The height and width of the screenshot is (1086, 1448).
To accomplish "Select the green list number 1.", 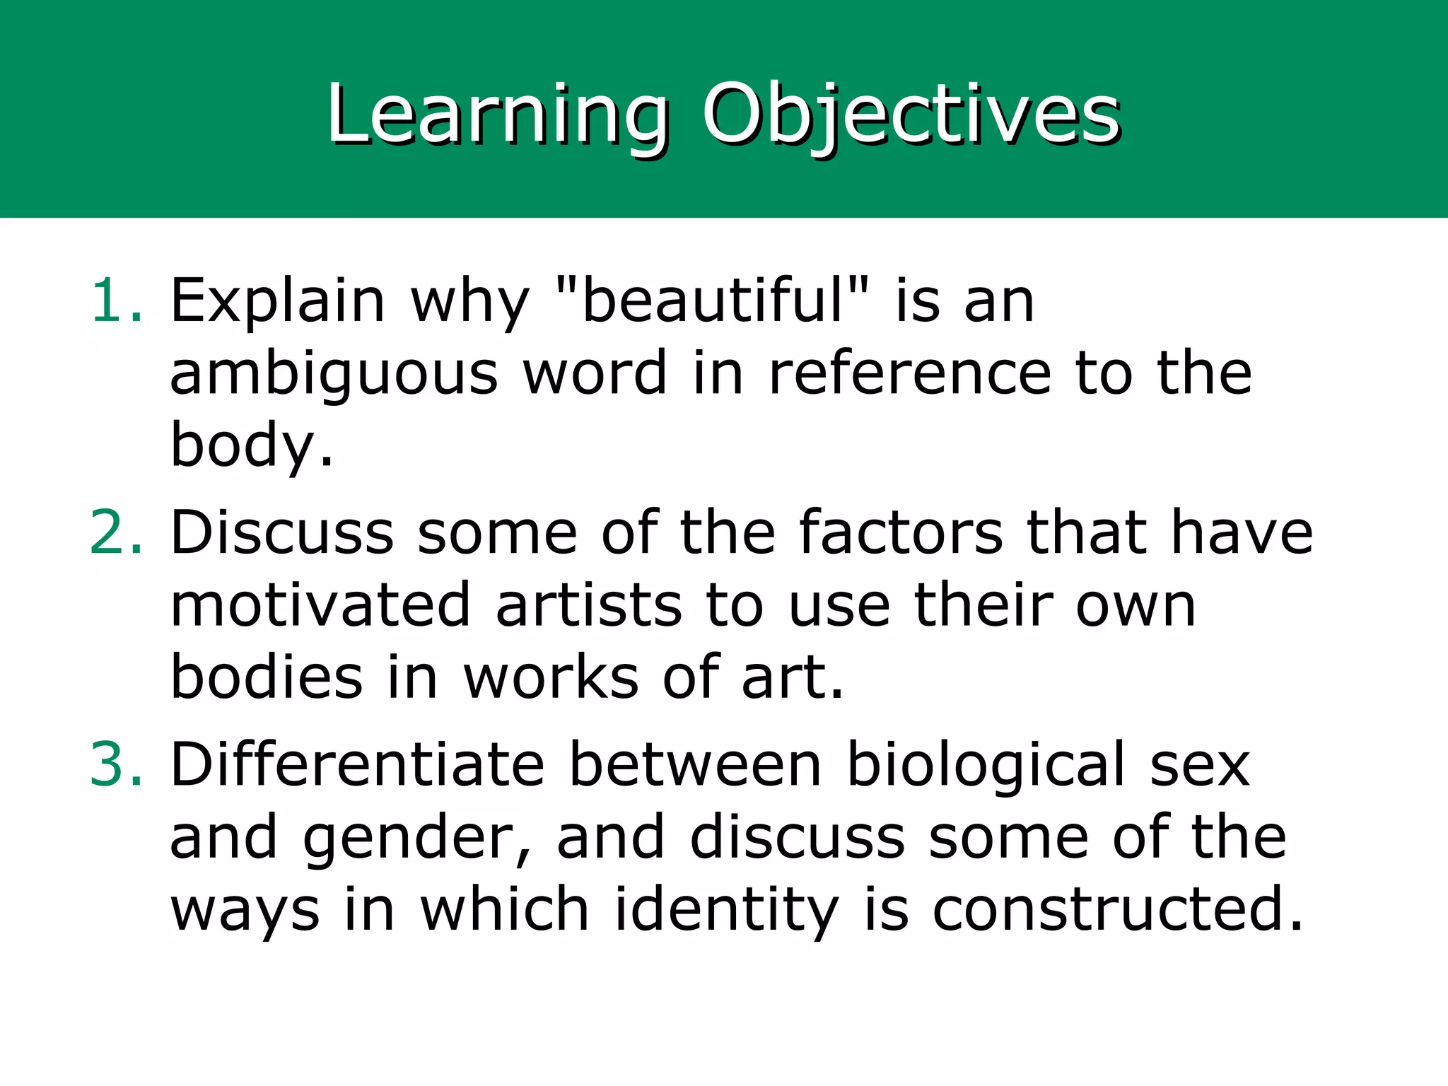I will [116, 301].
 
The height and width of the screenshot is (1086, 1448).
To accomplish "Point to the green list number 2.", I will [116, 532].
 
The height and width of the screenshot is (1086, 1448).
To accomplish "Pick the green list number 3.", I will [116, 764].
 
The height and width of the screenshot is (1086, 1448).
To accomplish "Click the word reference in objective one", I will [909, 373].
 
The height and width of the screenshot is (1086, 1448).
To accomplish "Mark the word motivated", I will [320, 605].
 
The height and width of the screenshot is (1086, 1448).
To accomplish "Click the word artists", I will [588, 605].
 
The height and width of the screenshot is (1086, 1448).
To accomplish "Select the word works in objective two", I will [551, 677].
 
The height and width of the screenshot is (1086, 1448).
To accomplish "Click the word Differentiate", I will [357, 764].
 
